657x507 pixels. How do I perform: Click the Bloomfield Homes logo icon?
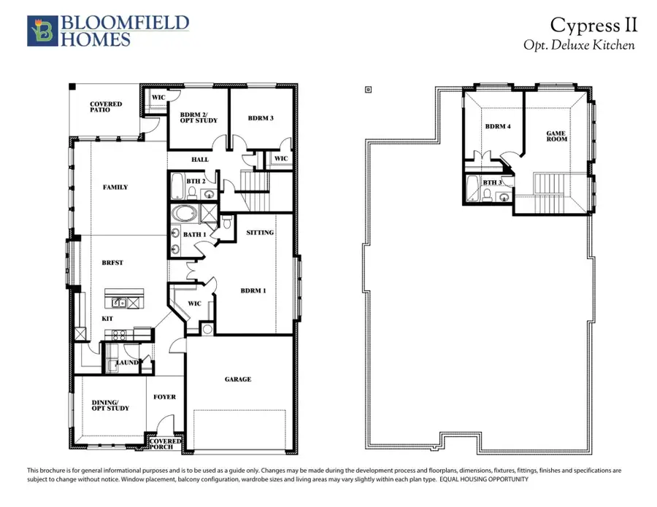point(42,30)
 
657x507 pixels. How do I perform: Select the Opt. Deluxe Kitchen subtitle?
point(580,45)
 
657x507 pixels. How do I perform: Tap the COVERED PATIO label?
point(106,108)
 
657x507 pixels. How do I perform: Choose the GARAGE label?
point(238,379)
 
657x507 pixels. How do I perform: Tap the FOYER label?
point(164,397)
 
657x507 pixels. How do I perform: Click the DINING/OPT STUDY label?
point(110,405)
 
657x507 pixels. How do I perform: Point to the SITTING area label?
point(260,233)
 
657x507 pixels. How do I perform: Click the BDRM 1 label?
point(253,290)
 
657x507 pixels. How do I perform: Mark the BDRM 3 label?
point(260,118)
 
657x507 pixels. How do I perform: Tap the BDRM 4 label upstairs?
point(498,127)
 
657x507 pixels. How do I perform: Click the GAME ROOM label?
point(557,136)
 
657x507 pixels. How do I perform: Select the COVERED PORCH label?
point(165,444)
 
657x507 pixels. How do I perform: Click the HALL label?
point(199,160)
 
